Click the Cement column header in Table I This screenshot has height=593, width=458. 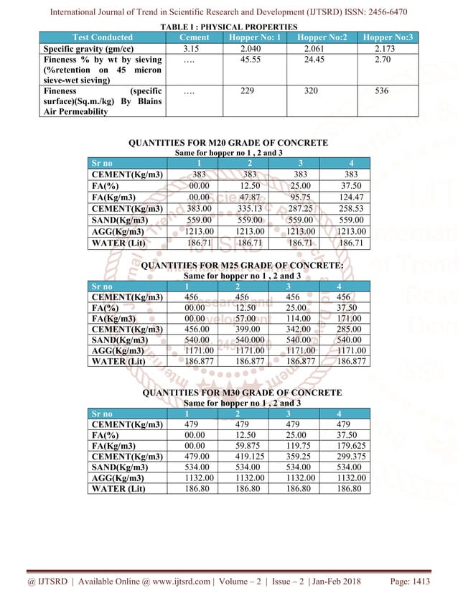[194, 37]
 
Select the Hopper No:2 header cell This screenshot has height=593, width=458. [322, 37]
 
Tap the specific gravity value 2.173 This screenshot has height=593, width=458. [390, 48]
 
